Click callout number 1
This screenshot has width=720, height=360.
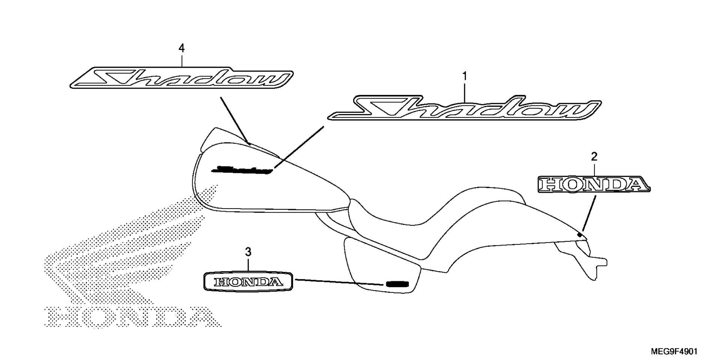click(x=465, y=76)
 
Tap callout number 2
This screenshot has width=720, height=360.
click(x=594, y=157)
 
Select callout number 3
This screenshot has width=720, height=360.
click(x=248, y=252)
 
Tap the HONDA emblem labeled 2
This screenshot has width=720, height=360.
click(x=594, y=184)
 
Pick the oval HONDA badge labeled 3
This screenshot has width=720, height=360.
click(x=248, y=281)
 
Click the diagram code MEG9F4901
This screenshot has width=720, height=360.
click(x=674, y=352)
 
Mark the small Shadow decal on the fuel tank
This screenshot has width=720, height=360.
click(x=242, y=170)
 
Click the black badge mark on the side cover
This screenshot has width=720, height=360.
click(x=396, y=283)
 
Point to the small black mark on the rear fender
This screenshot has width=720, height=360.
click(x=580, y=234)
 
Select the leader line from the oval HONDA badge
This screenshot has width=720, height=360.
click(x=340, y=282)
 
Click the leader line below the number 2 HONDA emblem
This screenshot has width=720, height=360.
click(x=589, y=213)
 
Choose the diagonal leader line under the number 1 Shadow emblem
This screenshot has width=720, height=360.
click(x=298, y=147)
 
